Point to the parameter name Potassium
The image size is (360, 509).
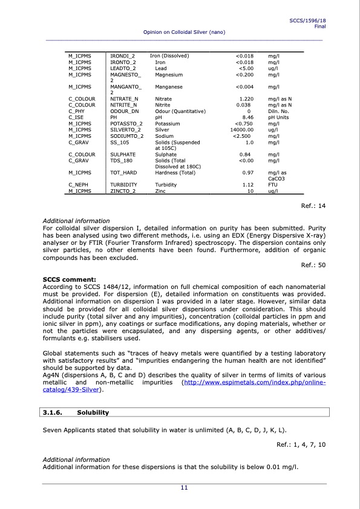click(168, 123)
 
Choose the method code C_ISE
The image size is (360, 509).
click(76, 117)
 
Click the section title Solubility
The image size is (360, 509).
click(93, 413)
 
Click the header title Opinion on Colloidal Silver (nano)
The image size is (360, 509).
click(184, 31)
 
